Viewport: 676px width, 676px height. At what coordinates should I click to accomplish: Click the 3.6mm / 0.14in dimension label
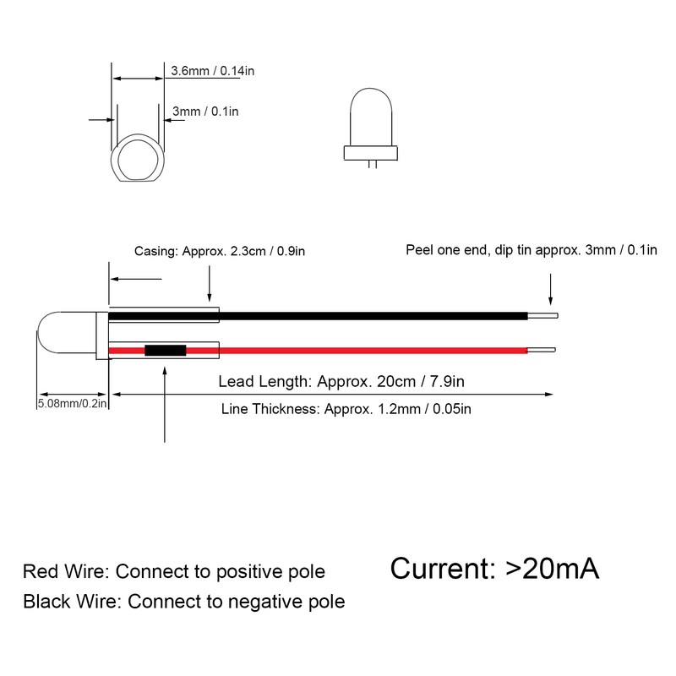212,71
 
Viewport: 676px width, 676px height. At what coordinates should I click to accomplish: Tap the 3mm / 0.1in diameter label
205,112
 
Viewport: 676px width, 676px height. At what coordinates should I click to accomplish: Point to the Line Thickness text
346,410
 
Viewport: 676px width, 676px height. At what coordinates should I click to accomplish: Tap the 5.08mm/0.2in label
74,405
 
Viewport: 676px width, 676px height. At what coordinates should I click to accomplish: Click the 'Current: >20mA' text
495,568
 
